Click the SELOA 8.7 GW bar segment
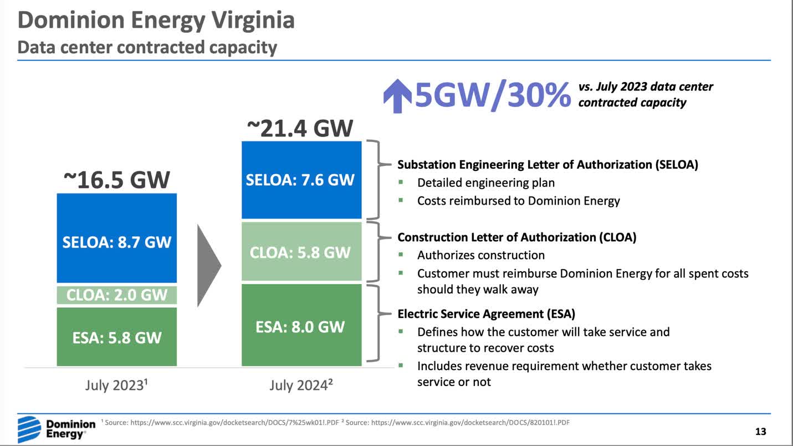pos(116,239)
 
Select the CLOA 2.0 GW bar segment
pos(116,295)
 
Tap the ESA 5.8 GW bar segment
pos(116,337)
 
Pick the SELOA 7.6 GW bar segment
pos(301,180)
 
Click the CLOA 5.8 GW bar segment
pos(301,252)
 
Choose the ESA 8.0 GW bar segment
pos(301,325)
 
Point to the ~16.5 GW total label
pos(116,180)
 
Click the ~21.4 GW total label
pos(300,128)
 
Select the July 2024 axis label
pos(301,385)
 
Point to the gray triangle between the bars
pos(209,265)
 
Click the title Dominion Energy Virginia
pos(156,21)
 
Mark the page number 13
pos(760,432)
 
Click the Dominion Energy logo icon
pos(29,429)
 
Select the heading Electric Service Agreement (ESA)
pos(486,314)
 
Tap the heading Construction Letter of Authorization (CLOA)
pos(516,237)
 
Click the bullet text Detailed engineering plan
pos(485,183)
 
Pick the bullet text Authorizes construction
pos(480,255)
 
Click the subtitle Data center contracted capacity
pos(147,48)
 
